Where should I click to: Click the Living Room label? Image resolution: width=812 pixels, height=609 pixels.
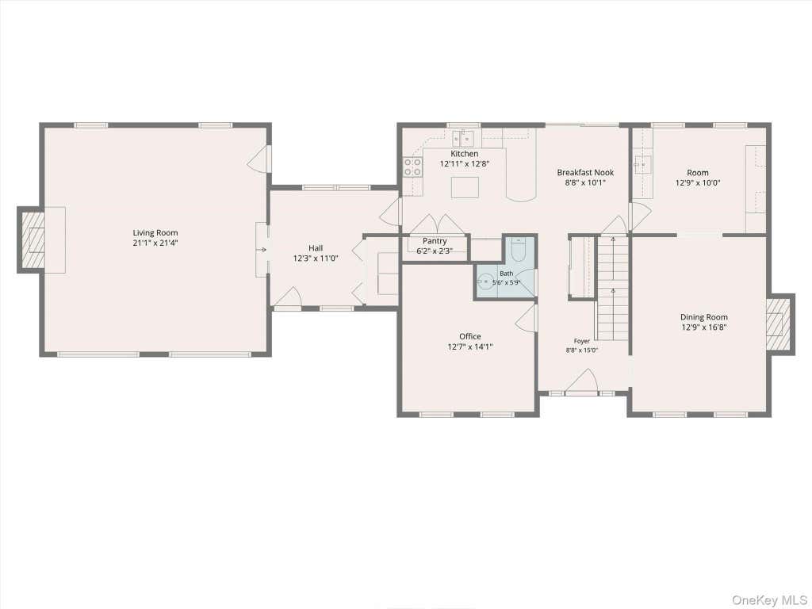(x=155, y=233)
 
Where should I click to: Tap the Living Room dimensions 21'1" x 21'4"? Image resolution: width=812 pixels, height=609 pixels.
(x=155, y=243)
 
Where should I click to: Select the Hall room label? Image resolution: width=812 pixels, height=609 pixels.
(x=316, y=248)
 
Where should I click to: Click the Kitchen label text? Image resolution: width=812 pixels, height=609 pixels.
(x=465, y=154)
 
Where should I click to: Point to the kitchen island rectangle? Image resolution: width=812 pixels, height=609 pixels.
(x=465, y=187)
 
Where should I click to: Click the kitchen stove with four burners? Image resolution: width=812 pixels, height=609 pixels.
(x=412, y=167)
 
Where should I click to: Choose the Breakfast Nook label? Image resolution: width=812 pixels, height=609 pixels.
(x=585, y=172)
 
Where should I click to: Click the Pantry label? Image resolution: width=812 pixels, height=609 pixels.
(x=435, y=241)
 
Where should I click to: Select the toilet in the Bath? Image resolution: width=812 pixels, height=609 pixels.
(x=519, y=250)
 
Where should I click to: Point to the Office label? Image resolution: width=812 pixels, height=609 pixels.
(x=470, y=336)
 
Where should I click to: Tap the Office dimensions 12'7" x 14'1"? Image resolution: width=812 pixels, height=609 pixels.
(x=470, y=347)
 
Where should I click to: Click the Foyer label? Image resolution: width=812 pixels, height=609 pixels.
(x=581, y=341)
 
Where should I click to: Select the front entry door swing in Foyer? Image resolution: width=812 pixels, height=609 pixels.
(x=582, y=381)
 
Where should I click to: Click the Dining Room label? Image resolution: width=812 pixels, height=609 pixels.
(x=704, y=317)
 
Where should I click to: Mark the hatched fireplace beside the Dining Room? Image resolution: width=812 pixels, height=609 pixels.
(x=779, y=324)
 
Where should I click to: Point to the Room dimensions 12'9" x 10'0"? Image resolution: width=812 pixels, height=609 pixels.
(x=698, y=183)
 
